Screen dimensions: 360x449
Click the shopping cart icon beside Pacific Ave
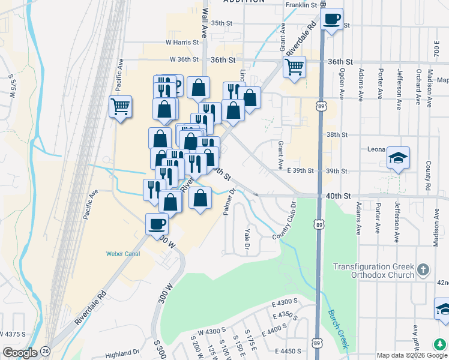point(120,107)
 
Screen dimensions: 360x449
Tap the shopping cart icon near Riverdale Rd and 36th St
point(294,68)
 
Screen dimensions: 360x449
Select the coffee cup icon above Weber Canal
point(157,224)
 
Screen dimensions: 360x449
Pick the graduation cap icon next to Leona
point(398,158)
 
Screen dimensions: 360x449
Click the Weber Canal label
point(123,254)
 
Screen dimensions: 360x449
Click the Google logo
point(19,352)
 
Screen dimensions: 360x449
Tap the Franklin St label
point(301,5)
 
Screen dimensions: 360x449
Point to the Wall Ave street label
point(205,21)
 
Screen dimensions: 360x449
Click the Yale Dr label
point(247,237)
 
